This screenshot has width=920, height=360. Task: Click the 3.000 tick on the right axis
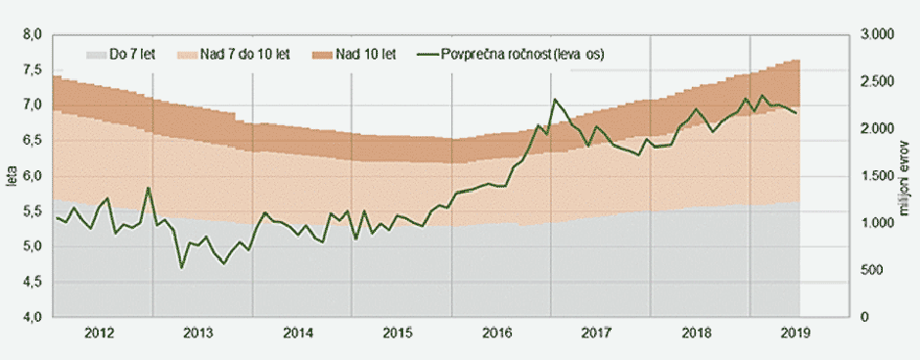point(877,34)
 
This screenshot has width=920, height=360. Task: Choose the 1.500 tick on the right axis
point(877,176)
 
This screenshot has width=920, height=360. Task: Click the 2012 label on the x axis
point(101,334)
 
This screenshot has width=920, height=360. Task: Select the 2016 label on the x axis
point(498,334)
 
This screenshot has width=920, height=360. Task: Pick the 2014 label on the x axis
point(299,334)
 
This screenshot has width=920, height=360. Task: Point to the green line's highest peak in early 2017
point(555,99)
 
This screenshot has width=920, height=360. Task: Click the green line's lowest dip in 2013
point(182,267)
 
